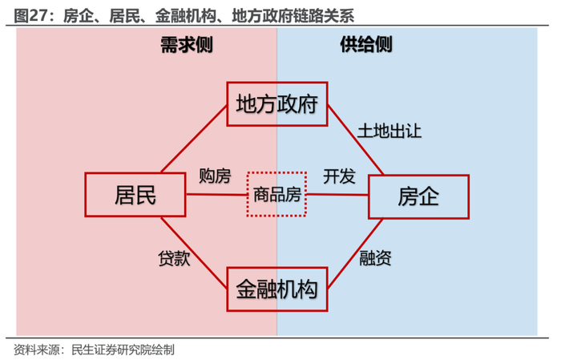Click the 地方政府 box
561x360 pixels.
pos(277,103)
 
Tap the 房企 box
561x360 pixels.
pos(418,195)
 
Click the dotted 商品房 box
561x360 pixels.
pos(276,194)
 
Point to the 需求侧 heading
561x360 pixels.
pos(186,46)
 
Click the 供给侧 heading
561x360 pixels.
pos(366,46)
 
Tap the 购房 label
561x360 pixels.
pos(215,176)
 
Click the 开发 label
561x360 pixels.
pos(339,176)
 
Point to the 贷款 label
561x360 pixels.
pos(173,258)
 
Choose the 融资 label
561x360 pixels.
pos(375,258)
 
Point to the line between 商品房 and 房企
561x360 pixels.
pos(337,194)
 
